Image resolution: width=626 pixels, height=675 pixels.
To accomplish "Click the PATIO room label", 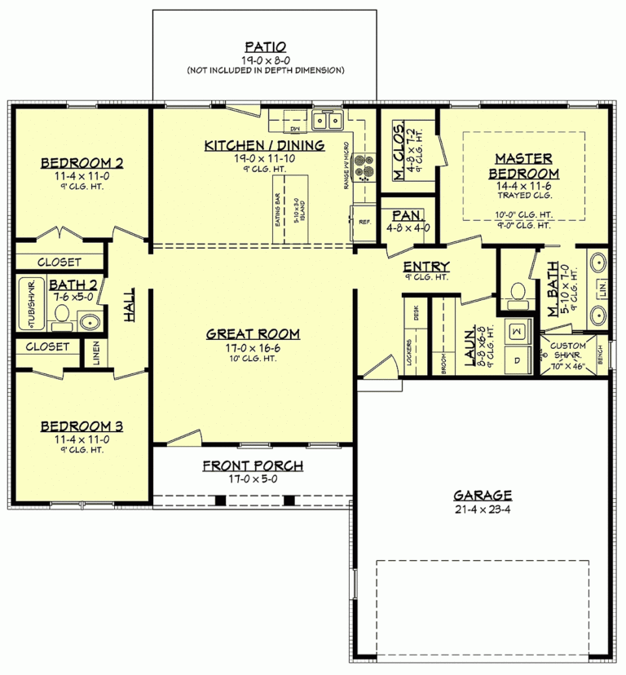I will [264, 46].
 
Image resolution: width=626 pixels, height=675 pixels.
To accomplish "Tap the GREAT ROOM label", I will [252, 333].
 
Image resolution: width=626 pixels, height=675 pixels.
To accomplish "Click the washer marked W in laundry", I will [517, 331].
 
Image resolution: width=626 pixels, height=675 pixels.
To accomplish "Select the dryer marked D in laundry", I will [517, 358].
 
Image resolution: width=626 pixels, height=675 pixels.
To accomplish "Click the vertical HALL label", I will [130, 303].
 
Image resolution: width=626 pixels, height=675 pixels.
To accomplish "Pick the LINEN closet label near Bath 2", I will [95, 353].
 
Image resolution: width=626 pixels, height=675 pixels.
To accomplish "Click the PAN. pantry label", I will [406, 214].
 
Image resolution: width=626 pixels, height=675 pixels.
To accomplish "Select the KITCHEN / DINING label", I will [264, 145].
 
